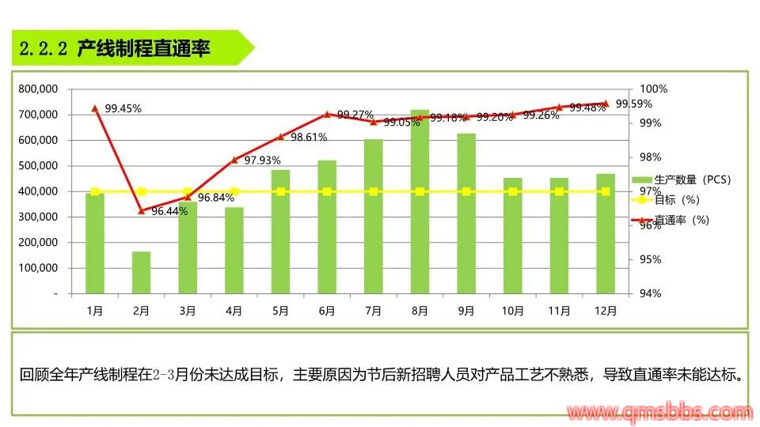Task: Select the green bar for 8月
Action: pos(420,202)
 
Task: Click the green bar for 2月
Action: pos(142,272)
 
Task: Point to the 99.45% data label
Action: pos(123,108)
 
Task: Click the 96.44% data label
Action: pos(169,211)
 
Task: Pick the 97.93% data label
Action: pos(262,161)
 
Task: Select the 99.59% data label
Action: pos(633,104)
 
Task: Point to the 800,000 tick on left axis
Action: pos(39,89)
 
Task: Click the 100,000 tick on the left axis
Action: pos(39,267)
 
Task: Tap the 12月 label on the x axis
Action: pos(606,311)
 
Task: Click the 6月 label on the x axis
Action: pos(327,311)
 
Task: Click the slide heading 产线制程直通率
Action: pos(143,49)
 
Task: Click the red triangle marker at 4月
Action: pos(234,160)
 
